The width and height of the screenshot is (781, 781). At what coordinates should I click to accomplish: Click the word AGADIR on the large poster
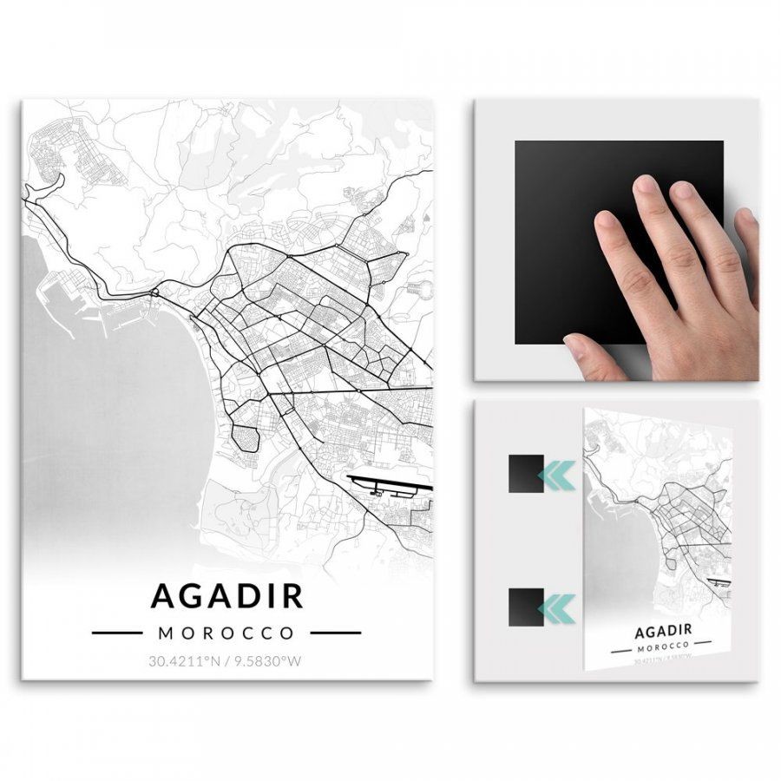point(226,596)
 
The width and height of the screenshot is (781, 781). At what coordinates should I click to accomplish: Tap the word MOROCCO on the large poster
point(226,633)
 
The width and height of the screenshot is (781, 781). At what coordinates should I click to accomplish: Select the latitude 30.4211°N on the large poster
point(184,661)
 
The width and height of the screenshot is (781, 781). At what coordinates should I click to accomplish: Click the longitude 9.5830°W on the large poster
point(270,661)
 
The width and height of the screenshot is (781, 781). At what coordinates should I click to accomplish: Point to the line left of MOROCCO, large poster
point(116,633)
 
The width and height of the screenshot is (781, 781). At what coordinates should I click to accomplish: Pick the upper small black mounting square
point(526,474)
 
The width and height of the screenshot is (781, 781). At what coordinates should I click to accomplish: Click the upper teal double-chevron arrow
point(556,474)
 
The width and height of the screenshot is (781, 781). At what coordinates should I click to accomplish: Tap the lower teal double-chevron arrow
point(556,607)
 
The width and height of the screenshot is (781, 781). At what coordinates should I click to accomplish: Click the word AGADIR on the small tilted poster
point(663,630)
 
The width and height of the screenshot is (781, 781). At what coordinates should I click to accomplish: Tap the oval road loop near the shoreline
point(246,438)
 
